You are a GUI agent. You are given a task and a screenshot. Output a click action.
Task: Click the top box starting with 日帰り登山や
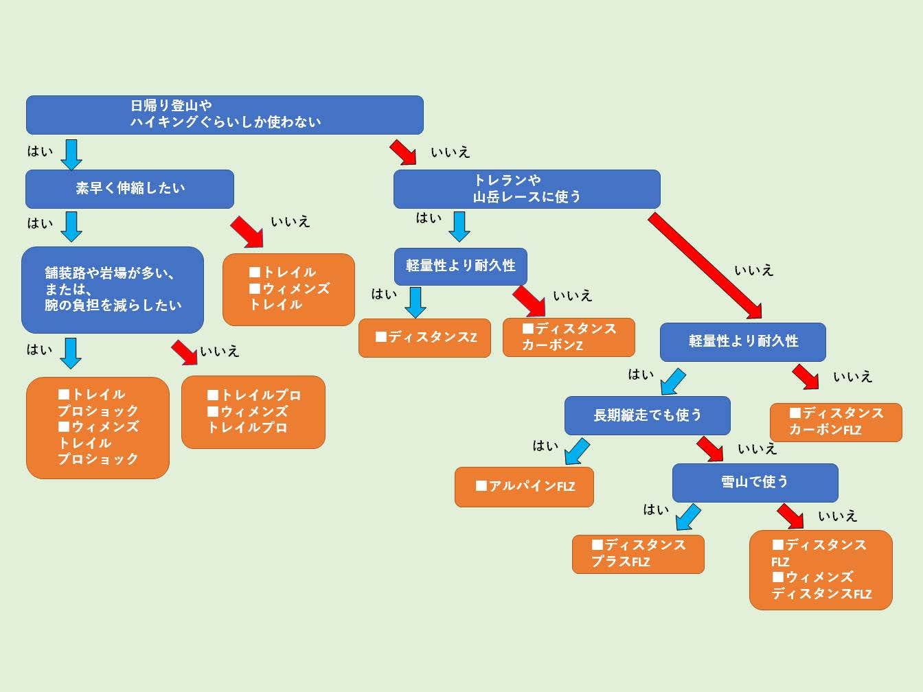[225, 115]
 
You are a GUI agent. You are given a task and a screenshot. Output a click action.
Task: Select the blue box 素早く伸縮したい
[130, 189]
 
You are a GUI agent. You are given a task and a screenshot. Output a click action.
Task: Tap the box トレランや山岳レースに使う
[527, 189]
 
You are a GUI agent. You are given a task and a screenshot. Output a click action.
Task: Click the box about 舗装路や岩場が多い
[113, 290]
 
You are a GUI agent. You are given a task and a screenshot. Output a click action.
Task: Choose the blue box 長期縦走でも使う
[647, 415]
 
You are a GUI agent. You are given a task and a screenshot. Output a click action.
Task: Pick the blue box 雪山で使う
[755, 483]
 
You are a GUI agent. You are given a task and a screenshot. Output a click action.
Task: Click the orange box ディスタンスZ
[424, 338]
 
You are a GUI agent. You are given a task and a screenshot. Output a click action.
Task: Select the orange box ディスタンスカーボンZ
[569, 337]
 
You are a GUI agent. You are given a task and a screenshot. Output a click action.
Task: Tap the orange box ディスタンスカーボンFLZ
[835, 422]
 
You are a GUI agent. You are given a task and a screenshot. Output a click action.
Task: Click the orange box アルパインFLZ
[524, 487]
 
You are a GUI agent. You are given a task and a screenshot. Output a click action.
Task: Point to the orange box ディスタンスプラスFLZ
[638, 554]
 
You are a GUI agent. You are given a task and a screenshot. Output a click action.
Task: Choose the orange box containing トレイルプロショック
[98, 427]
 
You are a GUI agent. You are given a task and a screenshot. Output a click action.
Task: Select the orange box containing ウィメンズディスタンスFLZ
[821, 570]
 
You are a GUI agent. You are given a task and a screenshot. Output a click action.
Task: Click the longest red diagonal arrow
[705, 266]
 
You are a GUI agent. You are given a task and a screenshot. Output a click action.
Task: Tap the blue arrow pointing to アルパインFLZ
[577, 452]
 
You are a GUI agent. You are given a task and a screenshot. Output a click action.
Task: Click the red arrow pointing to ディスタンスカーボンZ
[529, 301]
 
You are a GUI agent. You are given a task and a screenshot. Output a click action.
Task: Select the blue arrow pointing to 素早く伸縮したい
[71, 154]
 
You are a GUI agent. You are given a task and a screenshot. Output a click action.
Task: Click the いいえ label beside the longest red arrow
[753, 270]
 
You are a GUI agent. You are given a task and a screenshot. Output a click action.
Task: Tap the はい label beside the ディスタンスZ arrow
[384, 295]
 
